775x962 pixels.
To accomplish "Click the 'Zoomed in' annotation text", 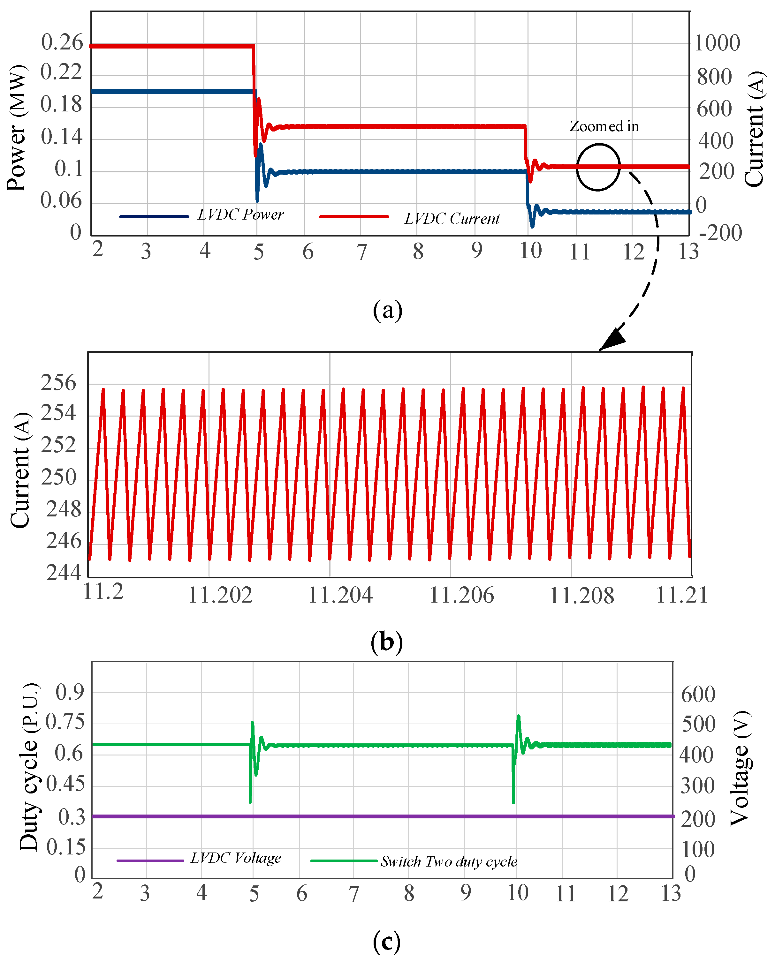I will point(604,126).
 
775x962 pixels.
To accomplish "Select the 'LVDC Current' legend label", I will point(452,219).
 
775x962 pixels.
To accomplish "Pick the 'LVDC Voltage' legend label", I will point(236,858).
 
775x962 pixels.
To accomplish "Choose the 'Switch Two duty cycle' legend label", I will point(449,861).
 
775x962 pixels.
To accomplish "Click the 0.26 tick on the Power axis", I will point(62,43).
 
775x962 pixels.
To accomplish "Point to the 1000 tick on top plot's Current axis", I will point(717,43).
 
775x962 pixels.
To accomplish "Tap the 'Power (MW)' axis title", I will point(17,128).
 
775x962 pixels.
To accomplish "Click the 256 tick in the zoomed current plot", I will point(58,383).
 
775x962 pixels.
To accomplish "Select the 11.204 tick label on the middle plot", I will point(340,595).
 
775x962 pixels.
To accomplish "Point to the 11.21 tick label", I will point(681,595).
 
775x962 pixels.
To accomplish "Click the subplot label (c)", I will point(387,942).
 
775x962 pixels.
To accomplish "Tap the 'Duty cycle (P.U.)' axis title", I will point(29,767).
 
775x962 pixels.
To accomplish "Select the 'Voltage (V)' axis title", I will point(740,768).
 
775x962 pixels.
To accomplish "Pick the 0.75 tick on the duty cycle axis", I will point(65,721).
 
